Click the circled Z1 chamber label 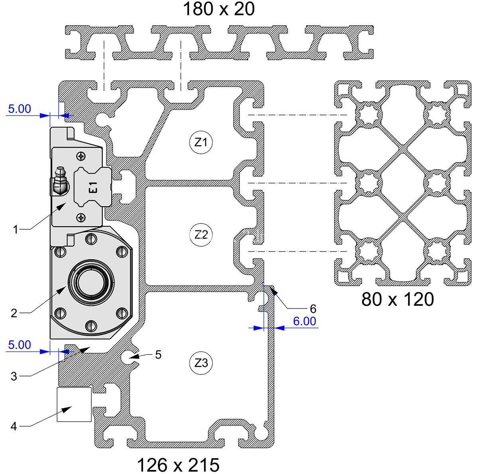click(201, 142)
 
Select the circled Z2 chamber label click(201, 235)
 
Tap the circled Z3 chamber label click(201, 363)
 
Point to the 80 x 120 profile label click(398, 299)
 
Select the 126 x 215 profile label click(178, 465)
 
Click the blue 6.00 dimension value click(305, 321)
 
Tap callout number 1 click(16, 230)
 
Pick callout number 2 click(14, 313)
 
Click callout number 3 click(14, 376)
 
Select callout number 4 click(14, 426)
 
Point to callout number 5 click(158, 355)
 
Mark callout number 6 click(313, 309)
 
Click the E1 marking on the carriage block click(93, 188)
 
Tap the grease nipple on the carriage click(60, 180)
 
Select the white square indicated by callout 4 click(74, 404)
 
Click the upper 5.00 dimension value click(20, 109)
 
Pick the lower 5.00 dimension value click(20, 345)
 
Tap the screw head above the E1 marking click(81, 156)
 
